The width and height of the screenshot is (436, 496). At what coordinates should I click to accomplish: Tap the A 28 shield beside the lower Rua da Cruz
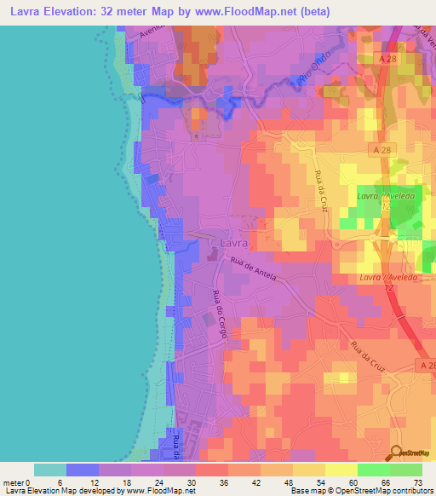pyautogui.click(x=425, y=364)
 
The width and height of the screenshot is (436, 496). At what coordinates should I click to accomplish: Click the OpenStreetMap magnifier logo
pyautogui.click(x=397, y=453)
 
